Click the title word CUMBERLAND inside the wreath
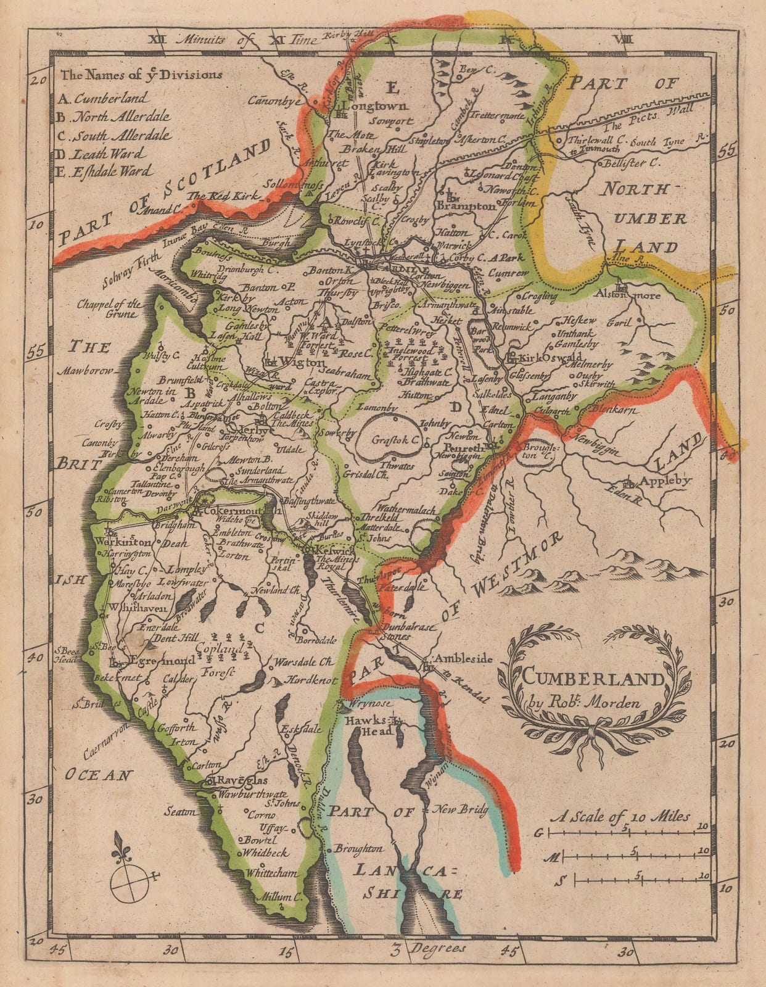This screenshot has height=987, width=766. click(593, 679)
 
